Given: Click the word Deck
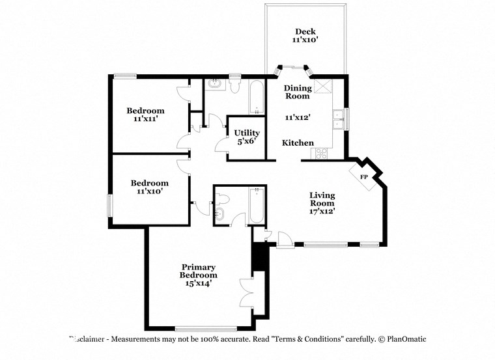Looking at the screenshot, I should [305, 31].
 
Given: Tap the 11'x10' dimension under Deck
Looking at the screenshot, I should [305, 40].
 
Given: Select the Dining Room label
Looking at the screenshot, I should [296, 92].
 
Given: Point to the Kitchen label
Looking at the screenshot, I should [298, 143].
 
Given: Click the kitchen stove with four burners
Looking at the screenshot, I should [322, 154].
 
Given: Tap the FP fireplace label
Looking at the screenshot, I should [363, 176].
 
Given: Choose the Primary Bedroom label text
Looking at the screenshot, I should [199, 271].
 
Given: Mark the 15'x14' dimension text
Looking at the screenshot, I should [199, 283].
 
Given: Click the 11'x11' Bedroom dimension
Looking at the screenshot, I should [145, 119].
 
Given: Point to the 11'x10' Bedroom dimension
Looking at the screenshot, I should [149, 191].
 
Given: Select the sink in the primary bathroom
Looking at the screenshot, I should [219, 214].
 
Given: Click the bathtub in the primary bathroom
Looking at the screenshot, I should [257, 206].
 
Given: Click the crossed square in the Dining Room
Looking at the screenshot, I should [323, 86].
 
